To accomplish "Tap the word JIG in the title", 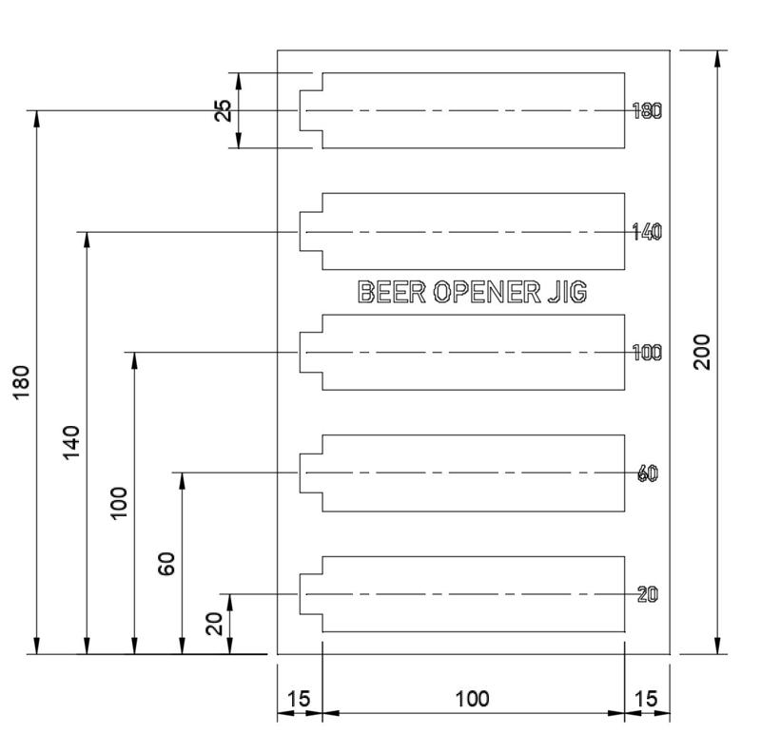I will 567,292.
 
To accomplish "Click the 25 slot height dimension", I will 224,110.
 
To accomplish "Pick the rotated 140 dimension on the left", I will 73,443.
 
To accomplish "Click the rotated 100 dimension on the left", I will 120,503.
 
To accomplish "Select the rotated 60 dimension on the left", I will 167,564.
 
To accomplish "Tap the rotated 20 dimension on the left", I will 215,624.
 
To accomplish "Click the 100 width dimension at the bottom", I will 473,699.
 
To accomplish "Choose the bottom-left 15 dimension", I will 299,699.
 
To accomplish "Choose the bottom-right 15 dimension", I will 646,699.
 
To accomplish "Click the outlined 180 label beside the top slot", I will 647,111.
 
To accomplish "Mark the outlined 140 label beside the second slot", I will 647,232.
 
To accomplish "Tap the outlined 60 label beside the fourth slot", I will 648,473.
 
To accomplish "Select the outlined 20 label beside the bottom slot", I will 648,594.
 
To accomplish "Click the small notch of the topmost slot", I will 311,110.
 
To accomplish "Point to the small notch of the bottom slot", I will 311,593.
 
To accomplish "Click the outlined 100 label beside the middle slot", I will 647,353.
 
